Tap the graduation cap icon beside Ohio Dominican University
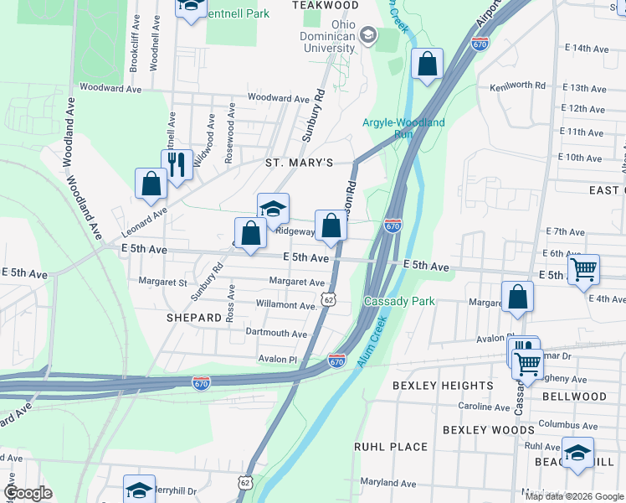[x=367, y=35]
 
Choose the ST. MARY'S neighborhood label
[x=299, y=162]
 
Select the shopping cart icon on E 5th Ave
[x=583, y=269]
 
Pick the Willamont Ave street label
[x=285, y=305]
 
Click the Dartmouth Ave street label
[x=276, y=333]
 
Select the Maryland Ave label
[x=388, y=484]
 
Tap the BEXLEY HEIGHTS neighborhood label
[x=443, y=386]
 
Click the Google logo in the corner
[x=27, y=493]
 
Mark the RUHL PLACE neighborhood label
[x=391, y=447]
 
